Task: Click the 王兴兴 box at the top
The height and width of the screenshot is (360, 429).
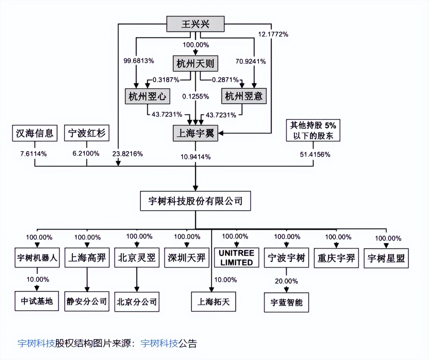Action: (x=195, y=24)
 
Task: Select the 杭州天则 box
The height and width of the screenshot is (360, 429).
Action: (x=195, y=63)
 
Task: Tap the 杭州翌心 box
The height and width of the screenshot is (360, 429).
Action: (x=148, y=96)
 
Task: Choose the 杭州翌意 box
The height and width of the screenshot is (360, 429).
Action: (x=244, y=96)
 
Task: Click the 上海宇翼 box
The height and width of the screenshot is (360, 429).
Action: (x=195, y=133)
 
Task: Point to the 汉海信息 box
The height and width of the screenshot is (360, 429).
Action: (x=35, y=133)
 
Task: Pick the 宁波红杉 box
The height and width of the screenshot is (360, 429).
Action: (x=87, y=133)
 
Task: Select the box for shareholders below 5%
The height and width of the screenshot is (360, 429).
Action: (x=313, y=131)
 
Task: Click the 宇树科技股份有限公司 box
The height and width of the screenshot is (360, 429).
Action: (x=195, y=201)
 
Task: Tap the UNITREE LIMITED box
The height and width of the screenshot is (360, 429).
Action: (x=237, y=258)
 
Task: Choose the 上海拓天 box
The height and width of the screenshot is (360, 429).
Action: (x=214, y=302)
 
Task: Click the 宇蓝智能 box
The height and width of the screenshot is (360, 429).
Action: (x=286, y=303)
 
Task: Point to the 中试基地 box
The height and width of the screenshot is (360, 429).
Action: (x=37, y=301)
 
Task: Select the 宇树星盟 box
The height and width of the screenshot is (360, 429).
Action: (x=386, y=258)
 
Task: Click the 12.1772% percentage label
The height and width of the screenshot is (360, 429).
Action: (x=273, y=34)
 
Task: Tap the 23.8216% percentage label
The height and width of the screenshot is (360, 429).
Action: (x=127, y=154)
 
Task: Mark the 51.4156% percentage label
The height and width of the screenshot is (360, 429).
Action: (x=315, y=154)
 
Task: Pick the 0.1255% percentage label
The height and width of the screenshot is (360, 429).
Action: (x=196, y=96)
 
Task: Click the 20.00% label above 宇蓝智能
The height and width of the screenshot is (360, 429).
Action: (x=286, y=281)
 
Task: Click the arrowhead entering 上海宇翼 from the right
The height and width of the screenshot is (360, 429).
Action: (x=221, y=133)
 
